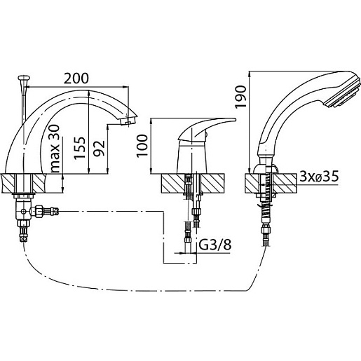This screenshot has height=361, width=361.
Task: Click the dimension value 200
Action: click(x=76, y=79)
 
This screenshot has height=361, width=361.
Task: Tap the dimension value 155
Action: click(x=79, y=148)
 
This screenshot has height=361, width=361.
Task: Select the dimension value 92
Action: click(x=99, y=148)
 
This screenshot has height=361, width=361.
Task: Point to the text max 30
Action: click(x=55, y=149)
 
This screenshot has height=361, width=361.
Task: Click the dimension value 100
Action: click(x=142, y=146)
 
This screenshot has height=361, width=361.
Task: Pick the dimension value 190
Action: click(x=240, y=97)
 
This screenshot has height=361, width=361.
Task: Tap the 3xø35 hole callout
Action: click(x=319, y=177)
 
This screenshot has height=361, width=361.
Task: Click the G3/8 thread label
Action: click(x=215, y=245)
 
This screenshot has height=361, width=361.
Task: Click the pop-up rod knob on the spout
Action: click(x=24, y=78)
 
